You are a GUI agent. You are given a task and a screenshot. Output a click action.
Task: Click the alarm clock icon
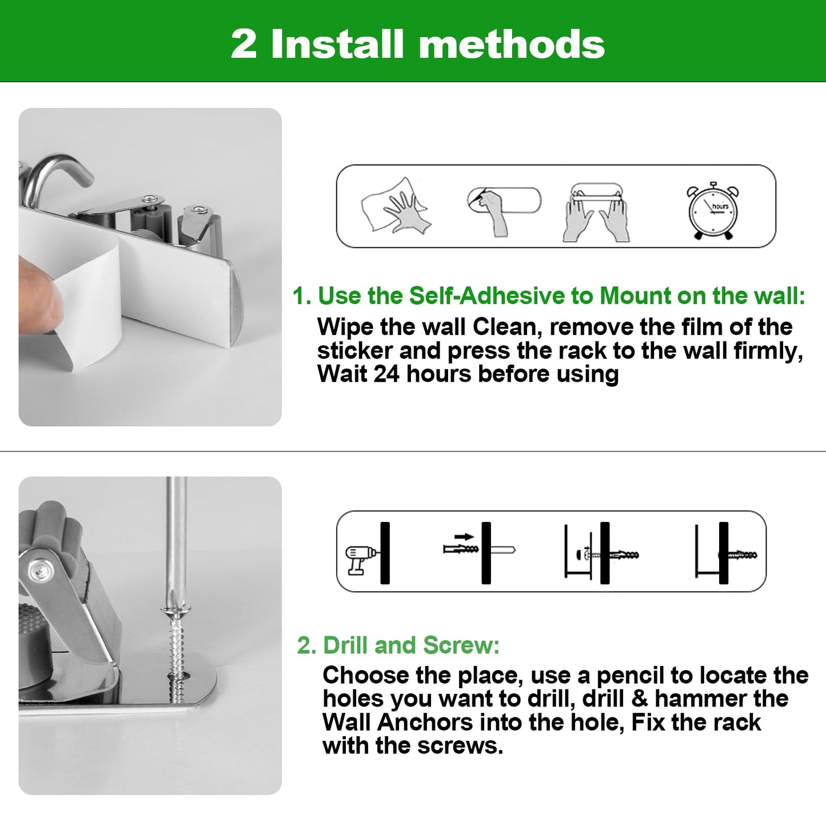point(713,211)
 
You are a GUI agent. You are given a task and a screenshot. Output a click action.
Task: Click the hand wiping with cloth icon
point(395,206)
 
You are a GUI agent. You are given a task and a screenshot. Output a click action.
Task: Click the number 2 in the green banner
point(244,44)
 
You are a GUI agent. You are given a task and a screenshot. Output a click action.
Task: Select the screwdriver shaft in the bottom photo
point(176,541)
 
